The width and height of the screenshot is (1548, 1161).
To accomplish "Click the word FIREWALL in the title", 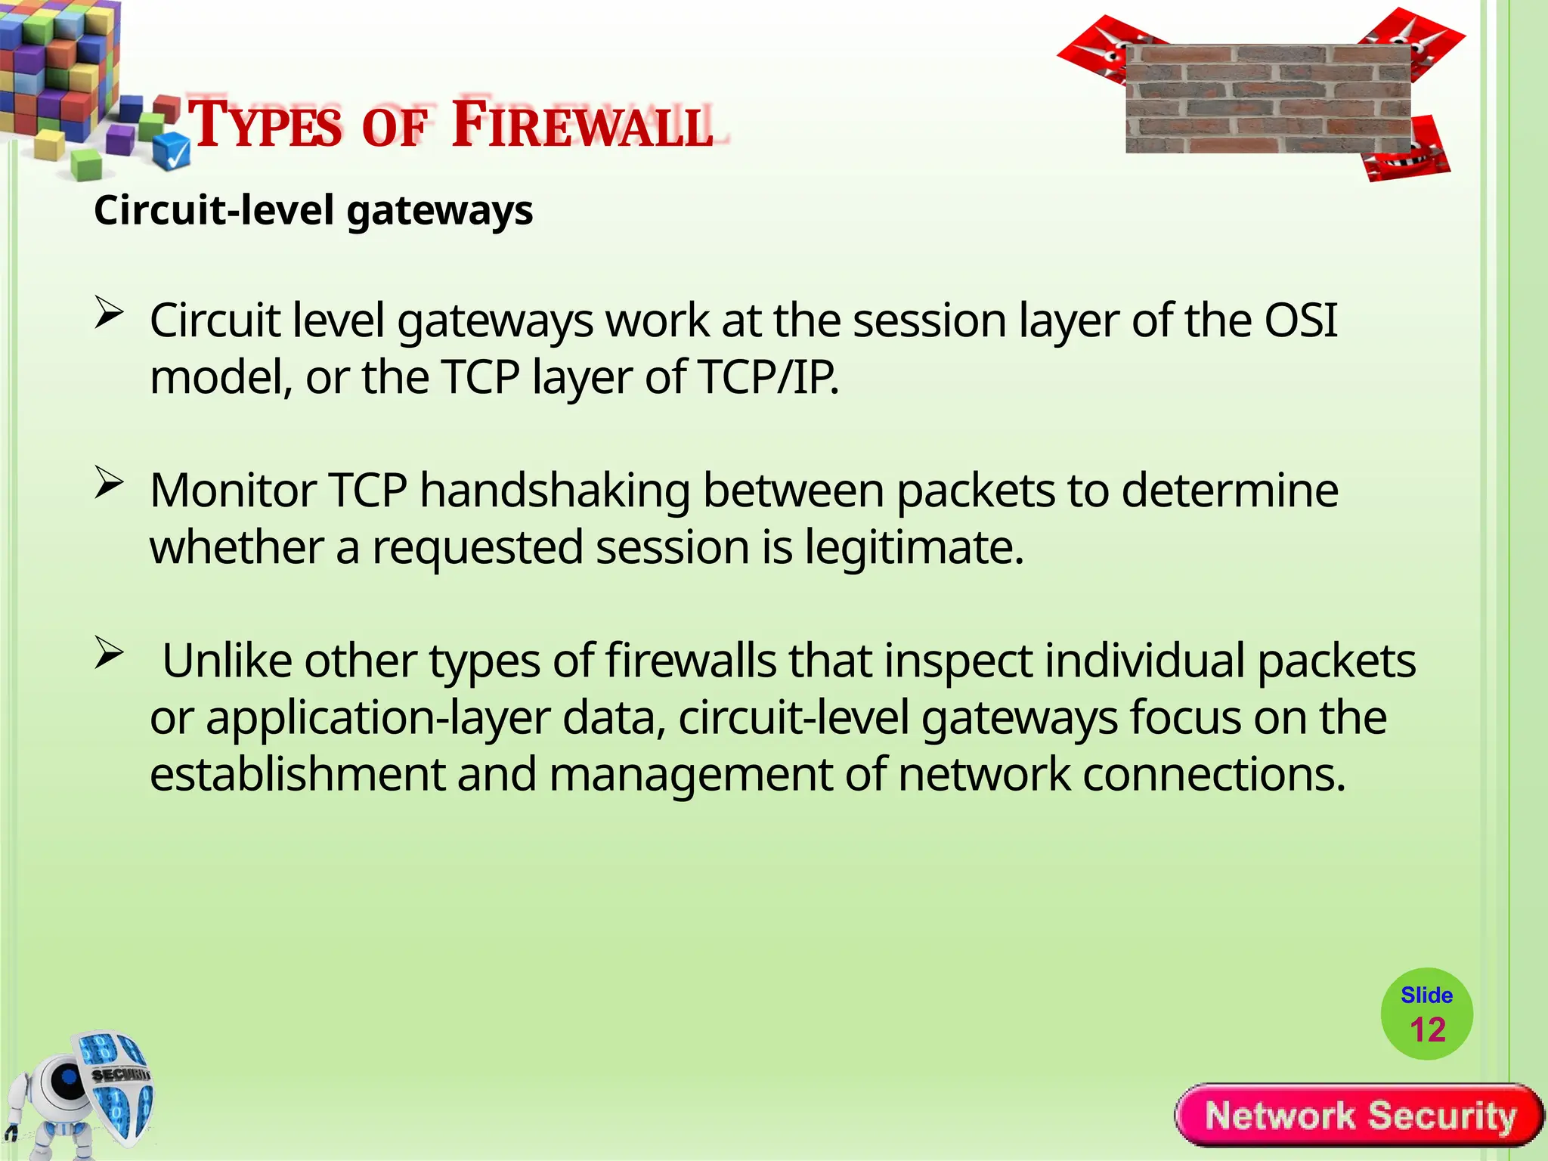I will tap(582, 125).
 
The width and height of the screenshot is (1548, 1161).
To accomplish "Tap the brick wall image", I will tap(1268, 98).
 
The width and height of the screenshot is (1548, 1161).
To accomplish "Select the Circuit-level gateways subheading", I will tap(313, 210).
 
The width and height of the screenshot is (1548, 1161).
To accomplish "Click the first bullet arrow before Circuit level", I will tap(109, 313).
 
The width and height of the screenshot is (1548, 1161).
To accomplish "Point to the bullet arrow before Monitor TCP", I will tap(109, 483).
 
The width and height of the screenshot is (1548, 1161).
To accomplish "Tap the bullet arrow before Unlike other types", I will tap(109, 653).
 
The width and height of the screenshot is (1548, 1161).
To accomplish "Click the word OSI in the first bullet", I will tap(1300, 320).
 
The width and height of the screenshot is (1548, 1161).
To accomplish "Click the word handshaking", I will tap(555, 491).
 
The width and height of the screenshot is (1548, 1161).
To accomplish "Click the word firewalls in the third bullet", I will tap(691, 661).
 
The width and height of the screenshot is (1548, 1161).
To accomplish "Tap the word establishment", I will tap(297, 775).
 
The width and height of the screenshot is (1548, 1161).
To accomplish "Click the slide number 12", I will tap(1427, 1030).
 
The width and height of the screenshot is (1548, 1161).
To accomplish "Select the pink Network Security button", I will tap(1360, 1116).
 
